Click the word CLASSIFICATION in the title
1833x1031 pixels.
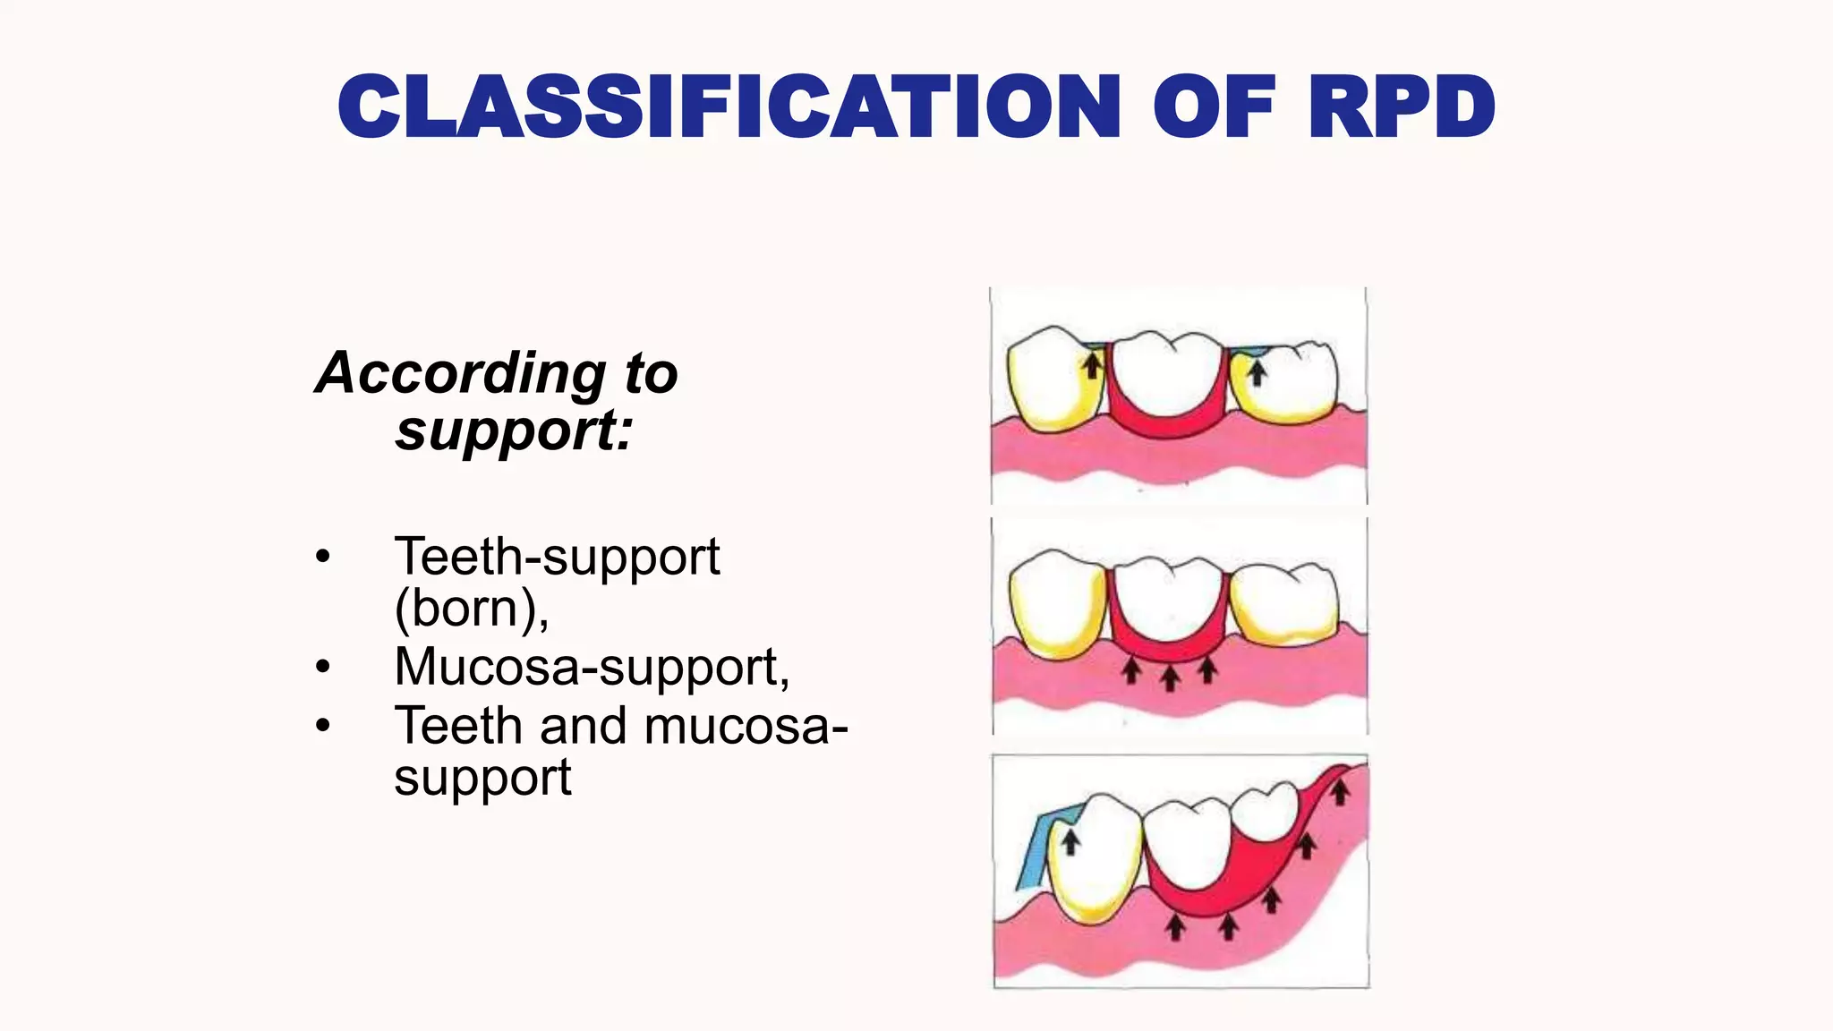pyautogui.click(x=729, y=107)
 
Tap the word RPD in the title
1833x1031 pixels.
pyautogui.click(x=1401, y=107)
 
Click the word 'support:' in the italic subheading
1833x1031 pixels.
pyautogui.click(x=514, y=430)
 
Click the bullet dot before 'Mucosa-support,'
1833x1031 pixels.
pyautogui.click(x=323, y=667)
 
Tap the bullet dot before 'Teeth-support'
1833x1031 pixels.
pyautogui.click(x=323, y=557)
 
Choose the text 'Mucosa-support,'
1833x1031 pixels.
pyautogui.click(x=592, y=667)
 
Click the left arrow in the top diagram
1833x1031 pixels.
pyautogui.click(x=1092, y=365)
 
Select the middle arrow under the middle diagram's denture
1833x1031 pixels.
pyautogui.click(x=1170, y=677)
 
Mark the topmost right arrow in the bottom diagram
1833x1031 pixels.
pyautogui.click(x=1339, y=791)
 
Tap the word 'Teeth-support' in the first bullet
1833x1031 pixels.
pyautogui.click(x=557, y=557)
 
